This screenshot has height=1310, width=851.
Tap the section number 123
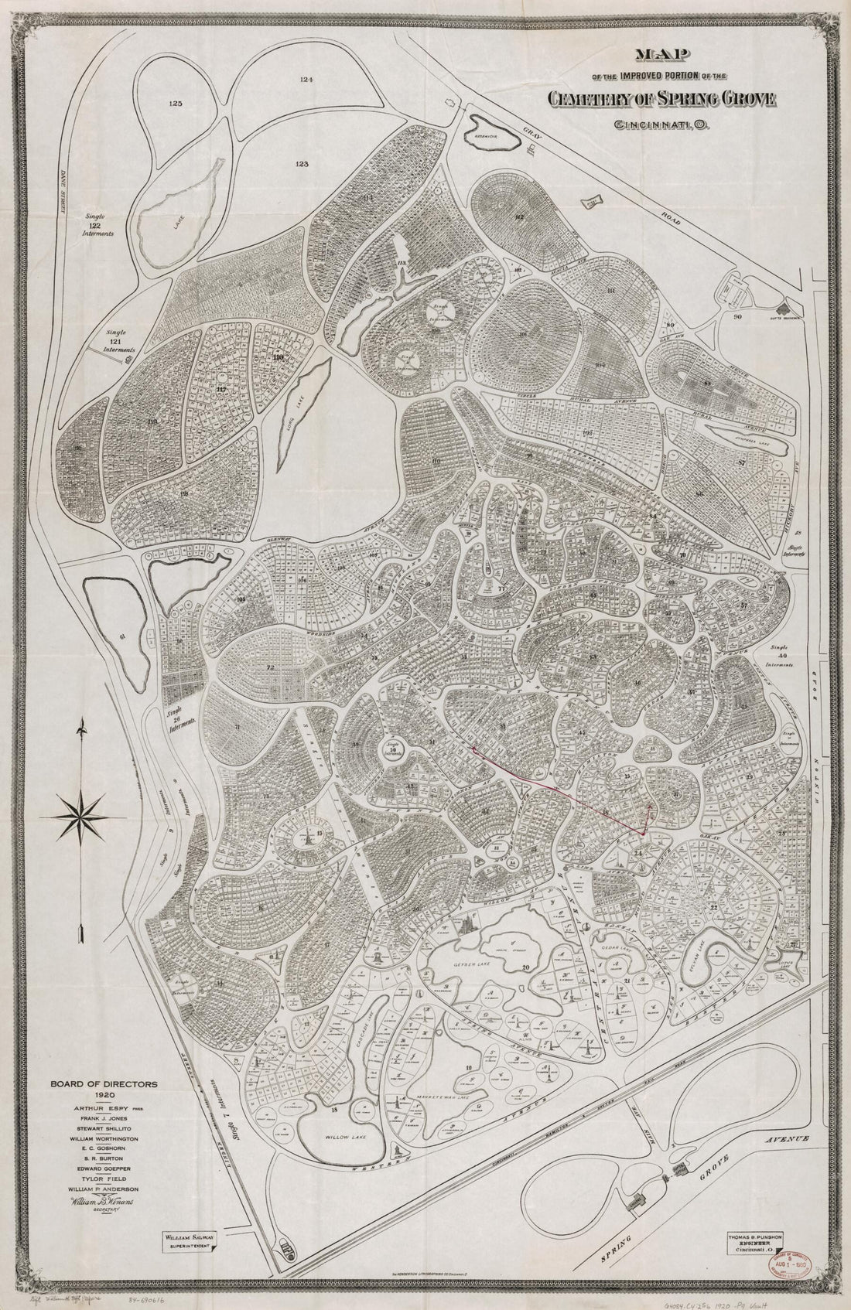pyautogui.click(x=302, y=164)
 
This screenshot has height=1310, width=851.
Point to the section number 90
pyautogui.click(x=737, y=317)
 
